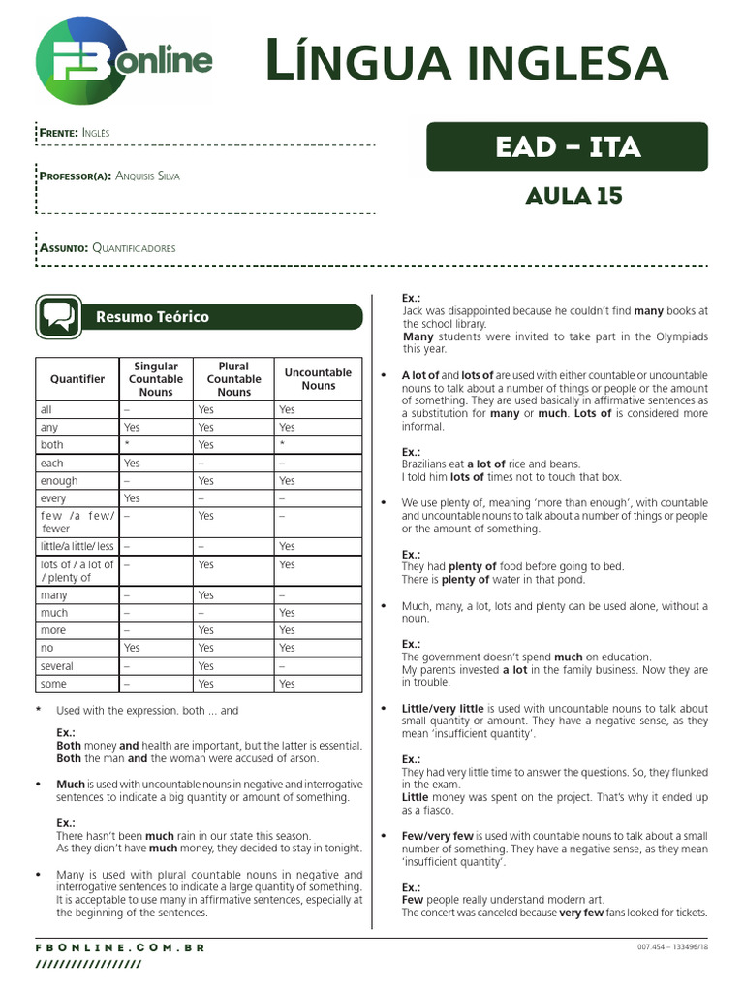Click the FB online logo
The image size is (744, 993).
124,61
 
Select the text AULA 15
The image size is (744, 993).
573,196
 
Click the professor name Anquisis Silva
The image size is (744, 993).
146,176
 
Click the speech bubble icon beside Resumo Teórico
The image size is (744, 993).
58,317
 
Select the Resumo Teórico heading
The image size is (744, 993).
151,317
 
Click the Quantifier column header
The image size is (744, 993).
77,379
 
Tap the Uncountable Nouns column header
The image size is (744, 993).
318,379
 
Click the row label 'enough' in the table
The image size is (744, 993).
59,481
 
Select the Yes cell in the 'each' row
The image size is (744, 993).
132,464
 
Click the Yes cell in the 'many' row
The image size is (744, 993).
205,595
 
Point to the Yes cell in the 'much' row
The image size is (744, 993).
287,613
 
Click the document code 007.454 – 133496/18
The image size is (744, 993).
672,947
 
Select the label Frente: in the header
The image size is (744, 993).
58,132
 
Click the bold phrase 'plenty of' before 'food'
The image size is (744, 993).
473,566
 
